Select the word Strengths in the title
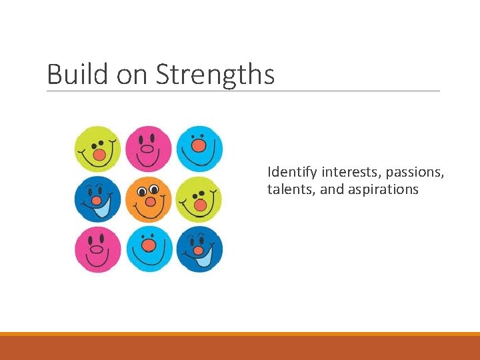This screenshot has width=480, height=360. [x=215, y=74]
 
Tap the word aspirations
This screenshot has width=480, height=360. [x=383, y=189]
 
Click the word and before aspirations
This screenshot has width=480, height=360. [x=331, y=189]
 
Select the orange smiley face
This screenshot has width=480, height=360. [x=149, y=199]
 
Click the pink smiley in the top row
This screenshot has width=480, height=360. [x=149, y=149]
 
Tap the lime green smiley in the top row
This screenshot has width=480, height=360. [x=97, y=149]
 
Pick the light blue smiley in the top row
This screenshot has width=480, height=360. [x=199, y=149]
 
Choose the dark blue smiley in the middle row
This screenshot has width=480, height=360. [x=97, y=199]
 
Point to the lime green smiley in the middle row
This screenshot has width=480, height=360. [x=199, y=199]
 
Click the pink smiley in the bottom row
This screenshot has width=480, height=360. [x=97, y=249]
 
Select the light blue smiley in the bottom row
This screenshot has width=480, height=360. [x=149, y=249]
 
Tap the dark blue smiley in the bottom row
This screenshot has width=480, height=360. [x=199, y=249]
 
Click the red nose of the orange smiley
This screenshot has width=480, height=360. [x=151, y=201]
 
